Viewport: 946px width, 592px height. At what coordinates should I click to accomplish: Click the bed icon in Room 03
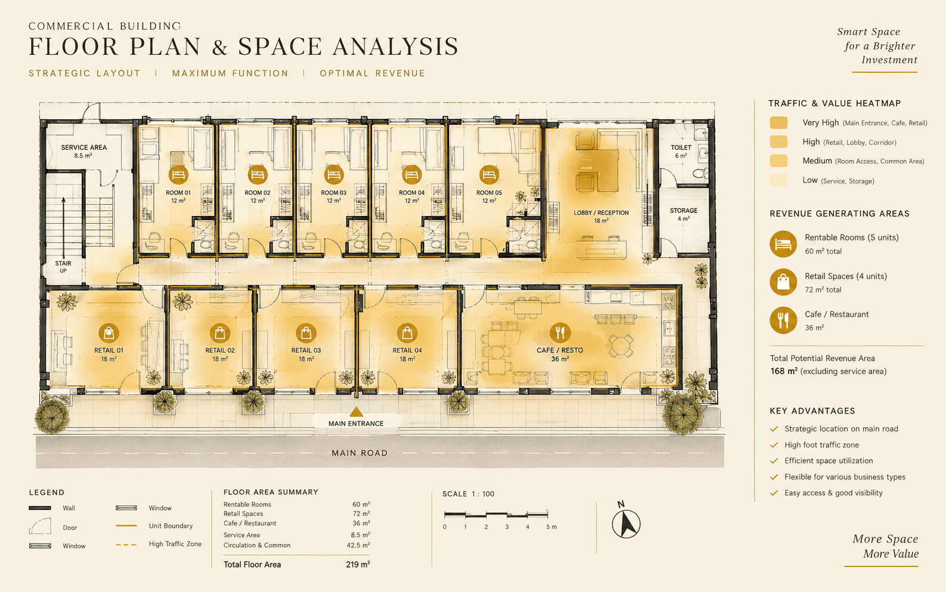pos(333,174)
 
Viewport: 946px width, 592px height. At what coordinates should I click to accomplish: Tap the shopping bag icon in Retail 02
pos(220,333)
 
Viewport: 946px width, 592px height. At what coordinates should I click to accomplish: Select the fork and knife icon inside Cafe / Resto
pos(560,333)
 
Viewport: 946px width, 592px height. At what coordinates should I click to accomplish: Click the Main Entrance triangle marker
pos(356,412)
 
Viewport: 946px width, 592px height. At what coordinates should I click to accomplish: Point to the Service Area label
pos(84,151)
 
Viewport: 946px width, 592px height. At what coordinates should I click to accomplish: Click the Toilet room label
pos(681,151)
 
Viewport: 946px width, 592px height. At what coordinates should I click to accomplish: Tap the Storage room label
pos(684,214)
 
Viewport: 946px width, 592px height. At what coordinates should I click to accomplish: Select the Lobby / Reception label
pos(601,217)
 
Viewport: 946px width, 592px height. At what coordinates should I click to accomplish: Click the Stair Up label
pos(63,267)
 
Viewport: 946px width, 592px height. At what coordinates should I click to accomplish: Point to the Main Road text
pos(360,453)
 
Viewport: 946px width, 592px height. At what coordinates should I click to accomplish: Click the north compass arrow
pos(626,523)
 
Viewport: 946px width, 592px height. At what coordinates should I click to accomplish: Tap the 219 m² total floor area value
pos(358,565)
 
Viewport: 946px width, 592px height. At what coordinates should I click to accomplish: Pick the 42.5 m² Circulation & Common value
pos(358,545)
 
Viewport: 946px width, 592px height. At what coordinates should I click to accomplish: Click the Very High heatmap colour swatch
pos(779,122)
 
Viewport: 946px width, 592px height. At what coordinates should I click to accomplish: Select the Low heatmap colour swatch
pos(779,180)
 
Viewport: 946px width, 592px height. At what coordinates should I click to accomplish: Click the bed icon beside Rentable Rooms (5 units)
pos(783,244)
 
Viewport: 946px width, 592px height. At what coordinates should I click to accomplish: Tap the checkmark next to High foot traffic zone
pos(774,445)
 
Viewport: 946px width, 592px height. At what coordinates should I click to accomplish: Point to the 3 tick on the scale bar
pos(507,514)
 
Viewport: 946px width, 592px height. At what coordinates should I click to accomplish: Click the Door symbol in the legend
pos(40,526)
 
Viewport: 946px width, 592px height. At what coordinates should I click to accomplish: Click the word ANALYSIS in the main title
pos(395,47)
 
